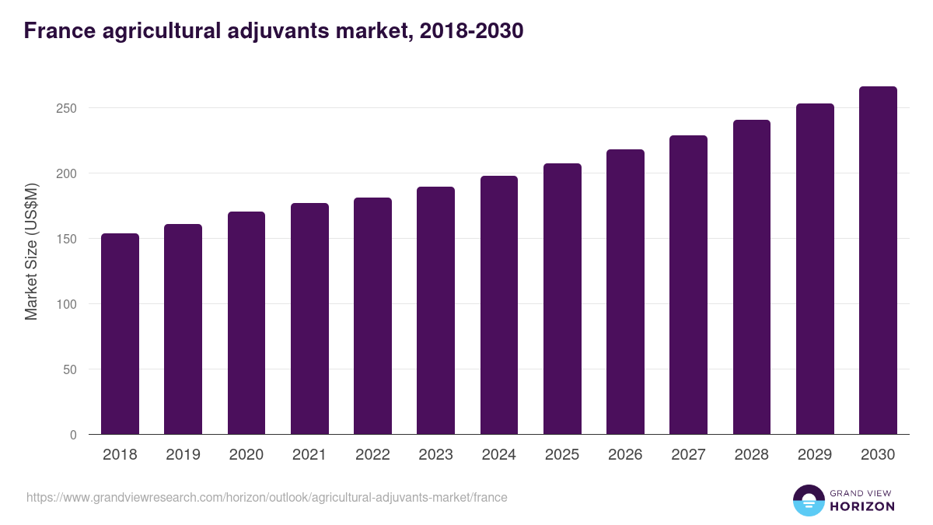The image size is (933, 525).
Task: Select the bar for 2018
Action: coord(120,334)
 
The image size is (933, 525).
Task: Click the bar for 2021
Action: coord(309,319)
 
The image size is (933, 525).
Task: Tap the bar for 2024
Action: coord(499,305)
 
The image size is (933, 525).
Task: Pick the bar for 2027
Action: coord(689,285)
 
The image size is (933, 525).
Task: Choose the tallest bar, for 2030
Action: coord(878,261)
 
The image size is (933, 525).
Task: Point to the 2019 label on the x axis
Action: coord(183,455)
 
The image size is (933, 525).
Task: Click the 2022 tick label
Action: coord(372,455)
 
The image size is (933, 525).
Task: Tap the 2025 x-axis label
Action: coord(562,455)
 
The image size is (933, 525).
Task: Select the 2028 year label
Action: coord(752,455)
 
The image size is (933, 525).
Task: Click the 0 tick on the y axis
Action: coord(73,435)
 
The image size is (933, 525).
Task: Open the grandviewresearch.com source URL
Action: coord(267,497)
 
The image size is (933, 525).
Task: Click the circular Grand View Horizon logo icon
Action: coord(808,500)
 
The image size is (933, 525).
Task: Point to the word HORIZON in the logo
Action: coord(862,506)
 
